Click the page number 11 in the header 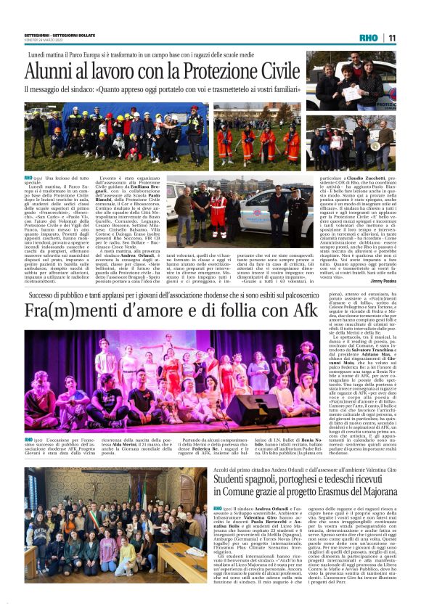point(391,38)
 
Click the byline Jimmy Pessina point(382,281)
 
